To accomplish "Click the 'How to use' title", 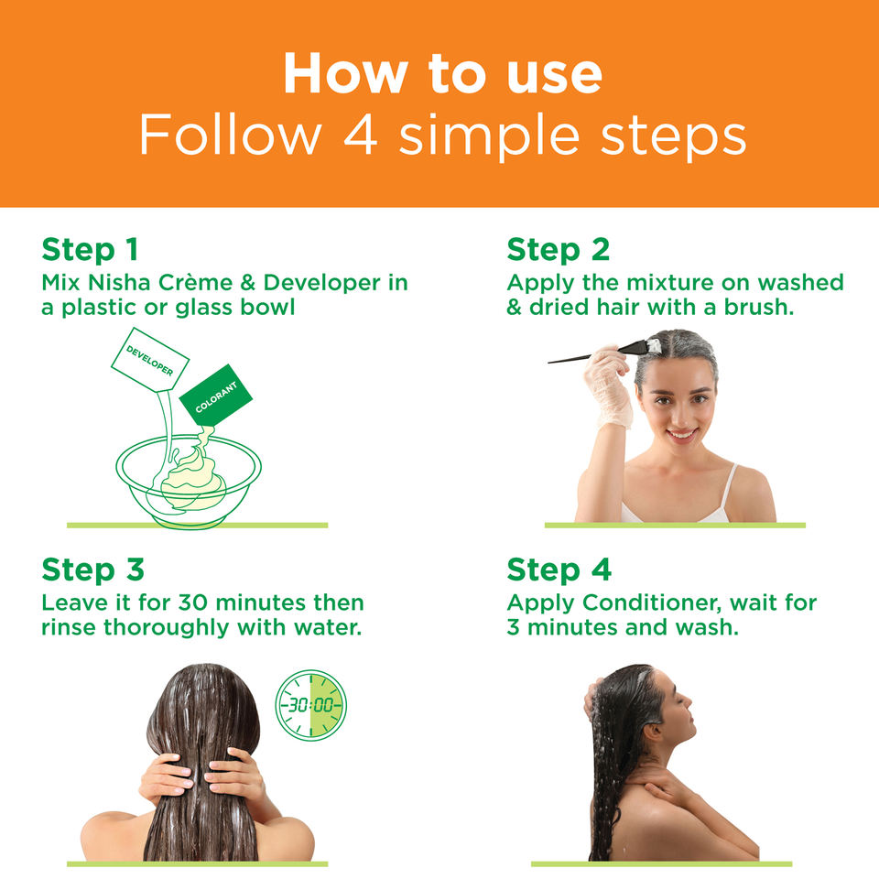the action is (443, 73).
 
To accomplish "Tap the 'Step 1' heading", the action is (90, 249).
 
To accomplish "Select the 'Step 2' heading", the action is (558, 249).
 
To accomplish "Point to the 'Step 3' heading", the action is (93, 570).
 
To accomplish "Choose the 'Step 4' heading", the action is (559, 570).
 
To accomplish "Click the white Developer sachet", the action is (149, 359).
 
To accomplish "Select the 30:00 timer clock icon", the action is (310, 705).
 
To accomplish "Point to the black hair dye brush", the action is (604, 352).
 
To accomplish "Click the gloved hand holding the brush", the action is (608, 386).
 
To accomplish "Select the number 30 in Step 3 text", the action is (193, 603).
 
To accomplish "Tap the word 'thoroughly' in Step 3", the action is (167, 628).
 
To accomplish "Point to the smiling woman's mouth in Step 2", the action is (681, 434).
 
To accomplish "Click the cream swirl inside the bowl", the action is (190, 476).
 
